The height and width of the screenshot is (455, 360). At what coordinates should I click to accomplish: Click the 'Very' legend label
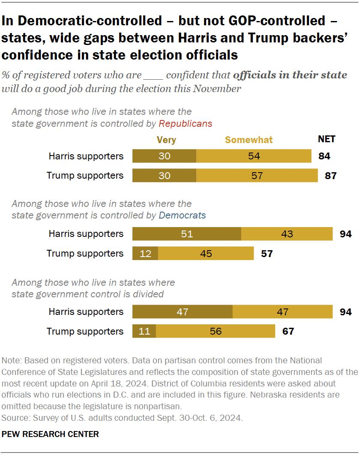pos(166,140)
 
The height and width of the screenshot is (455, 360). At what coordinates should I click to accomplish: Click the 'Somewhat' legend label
pos(249,140)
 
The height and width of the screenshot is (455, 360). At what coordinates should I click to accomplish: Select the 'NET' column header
pos(327,139)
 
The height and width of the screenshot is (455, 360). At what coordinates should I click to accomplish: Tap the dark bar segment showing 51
pos(187,234)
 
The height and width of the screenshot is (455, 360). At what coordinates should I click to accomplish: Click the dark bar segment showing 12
pos(145,254)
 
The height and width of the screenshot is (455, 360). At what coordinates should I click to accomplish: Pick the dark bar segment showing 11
pos(144,331)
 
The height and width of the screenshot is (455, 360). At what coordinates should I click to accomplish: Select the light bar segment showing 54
pos(254,156)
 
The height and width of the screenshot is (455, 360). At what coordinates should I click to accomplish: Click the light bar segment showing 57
pos(257,176)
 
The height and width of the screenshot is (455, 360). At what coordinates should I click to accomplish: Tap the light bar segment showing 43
pos(287,234)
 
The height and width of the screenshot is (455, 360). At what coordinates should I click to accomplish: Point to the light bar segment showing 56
pos(216,331)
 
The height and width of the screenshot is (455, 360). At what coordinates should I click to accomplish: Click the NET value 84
pos(324,156)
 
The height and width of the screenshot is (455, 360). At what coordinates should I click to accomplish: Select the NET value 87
pos(331,176)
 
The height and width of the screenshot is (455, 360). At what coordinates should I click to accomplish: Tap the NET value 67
pos(288,331)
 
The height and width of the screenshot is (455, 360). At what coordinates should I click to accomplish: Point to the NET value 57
pos(267,254)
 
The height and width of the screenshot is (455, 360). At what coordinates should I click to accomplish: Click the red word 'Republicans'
pos(185,123)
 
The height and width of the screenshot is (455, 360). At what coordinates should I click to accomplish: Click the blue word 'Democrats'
pos(182,215)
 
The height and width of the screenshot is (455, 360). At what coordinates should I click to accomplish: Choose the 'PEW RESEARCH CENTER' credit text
pos(50,434)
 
